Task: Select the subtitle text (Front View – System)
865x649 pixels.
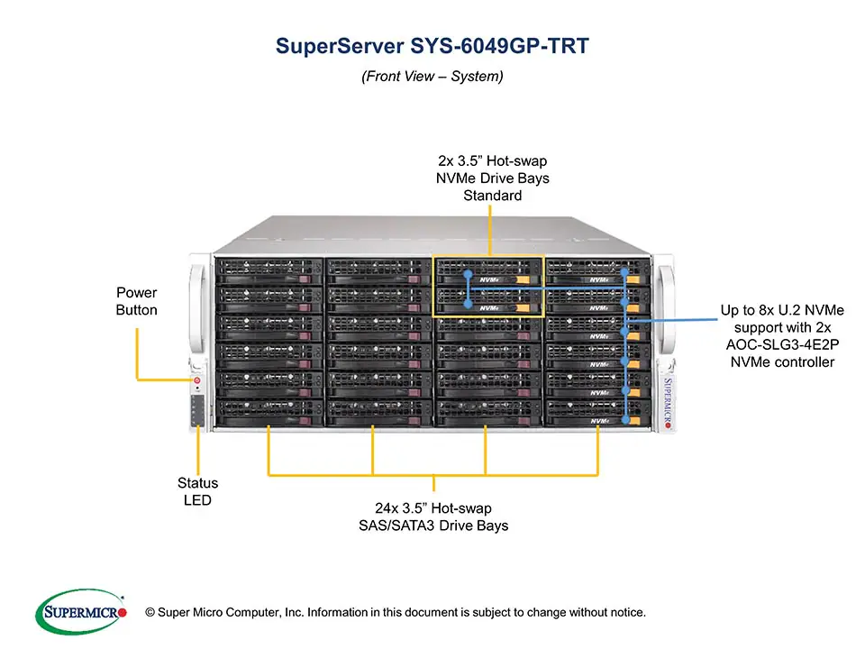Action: click(432, 77)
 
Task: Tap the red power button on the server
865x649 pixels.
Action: click(197, 381)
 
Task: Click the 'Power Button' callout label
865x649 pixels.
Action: click(136, 301)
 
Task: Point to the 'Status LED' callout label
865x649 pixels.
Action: click(197, 491)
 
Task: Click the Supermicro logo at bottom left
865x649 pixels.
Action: click(80, 612)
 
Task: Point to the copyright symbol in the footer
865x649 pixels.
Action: click(150, 613)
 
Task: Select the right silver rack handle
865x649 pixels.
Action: click(667, 306)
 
